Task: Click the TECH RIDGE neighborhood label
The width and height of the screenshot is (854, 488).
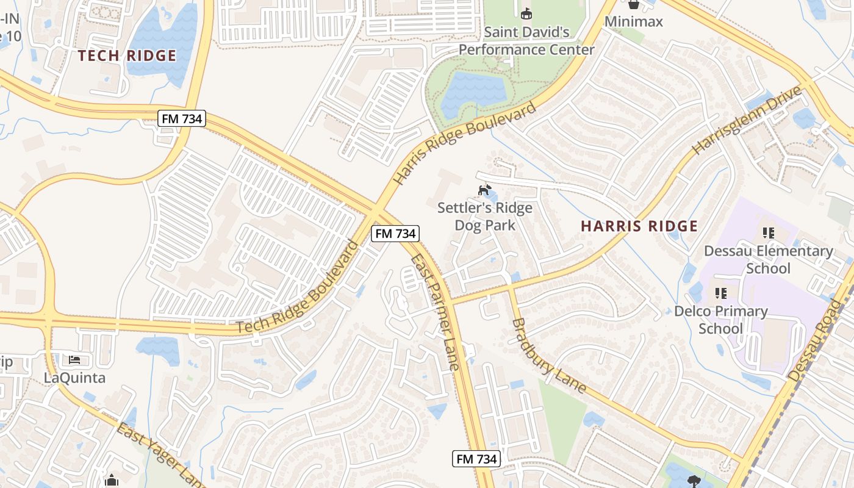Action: (x=127, y=56)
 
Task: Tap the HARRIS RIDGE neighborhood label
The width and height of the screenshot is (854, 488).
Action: (x=639, y=226)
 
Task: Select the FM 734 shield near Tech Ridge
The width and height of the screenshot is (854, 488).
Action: (x=182, y=118)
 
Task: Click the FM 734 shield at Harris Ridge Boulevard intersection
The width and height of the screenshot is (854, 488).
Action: (x=395, y=233)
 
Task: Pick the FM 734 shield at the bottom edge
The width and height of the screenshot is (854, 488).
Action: (x=476, y=459)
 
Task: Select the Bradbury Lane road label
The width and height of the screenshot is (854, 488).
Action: (x=548, y=355)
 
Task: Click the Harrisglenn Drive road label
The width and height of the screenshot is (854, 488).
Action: (x=747, y=120)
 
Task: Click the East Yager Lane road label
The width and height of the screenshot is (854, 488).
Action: (x=160, y=454)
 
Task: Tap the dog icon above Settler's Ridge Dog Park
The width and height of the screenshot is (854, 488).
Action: (x=484, y=190)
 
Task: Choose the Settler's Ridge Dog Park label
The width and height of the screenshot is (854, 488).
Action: (x=485, y=217)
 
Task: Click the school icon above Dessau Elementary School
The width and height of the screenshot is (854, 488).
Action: (x=768, y=233)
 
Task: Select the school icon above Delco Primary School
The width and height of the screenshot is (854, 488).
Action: (x=721, y=293)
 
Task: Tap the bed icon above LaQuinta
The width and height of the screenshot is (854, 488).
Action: (x=74, y=360)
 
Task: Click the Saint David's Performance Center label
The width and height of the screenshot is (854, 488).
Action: (x=526, y=40)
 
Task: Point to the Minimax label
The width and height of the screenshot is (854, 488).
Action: (x=633, y=21)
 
